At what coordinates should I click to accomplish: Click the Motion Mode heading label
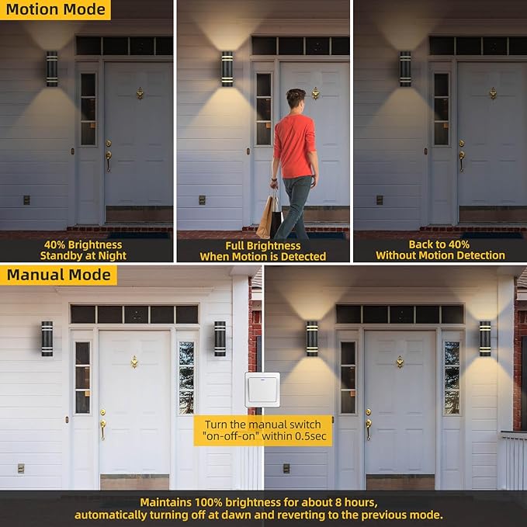(x=55, y=11)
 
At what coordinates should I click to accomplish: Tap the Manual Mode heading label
(x=58, y=275)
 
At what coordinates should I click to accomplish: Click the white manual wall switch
(x=262, y=390)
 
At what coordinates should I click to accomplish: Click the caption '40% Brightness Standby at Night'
(x=85, y=250)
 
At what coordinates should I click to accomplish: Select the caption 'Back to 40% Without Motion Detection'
(x=440, y=250)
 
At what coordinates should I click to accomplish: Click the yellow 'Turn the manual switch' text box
(x=262, y=430)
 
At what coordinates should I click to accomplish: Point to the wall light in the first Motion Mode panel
(x=52, y=68)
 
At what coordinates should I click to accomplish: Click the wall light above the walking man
(x=227, y=68)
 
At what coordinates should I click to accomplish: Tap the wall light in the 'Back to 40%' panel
(x=405, y=68)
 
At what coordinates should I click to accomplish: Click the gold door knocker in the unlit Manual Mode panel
(x=134, y=362)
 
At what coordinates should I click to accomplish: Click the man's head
(x=295, y=100)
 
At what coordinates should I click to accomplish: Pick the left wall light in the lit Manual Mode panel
(x=312, y=338)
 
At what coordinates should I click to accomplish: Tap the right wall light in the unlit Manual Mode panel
(x=220, y=338)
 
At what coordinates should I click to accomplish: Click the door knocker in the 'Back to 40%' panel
(x=493, y=93)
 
